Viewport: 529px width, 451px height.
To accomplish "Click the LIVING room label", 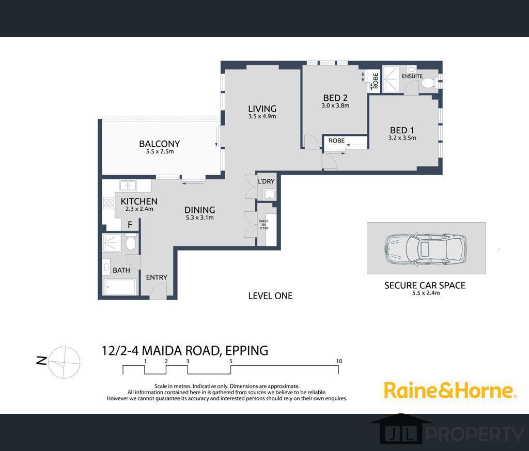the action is (x=262, y=108).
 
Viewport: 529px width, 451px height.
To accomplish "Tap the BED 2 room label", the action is (x=335, y=98).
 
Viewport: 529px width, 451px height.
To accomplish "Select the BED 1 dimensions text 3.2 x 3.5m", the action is (x=402, y=138).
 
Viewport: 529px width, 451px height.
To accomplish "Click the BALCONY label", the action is (x=160, y=144).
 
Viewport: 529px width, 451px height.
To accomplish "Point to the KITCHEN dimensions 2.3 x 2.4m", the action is (x=139, y=209).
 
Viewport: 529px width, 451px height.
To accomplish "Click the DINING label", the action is (x=200, y=210).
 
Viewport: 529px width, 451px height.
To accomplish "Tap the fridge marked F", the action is (x=130, y=225).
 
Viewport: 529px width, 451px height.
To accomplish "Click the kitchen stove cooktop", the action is (x=108, y=203).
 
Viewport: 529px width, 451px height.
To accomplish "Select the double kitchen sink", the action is (x=128, y=185).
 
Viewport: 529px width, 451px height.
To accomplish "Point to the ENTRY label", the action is (x=157, y=277).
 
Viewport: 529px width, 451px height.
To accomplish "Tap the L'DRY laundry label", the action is (x=266, y=181).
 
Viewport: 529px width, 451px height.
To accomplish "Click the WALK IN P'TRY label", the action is (x=264, y=225).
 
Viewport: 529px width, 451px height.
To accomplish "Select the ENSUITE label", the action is (x=412, y=76).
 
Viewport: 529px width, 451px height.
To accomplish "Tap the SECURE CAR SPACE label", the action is (x=425, y=285).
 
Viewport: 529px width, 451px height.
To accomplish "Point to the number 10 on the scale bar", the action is (x=339, y=361).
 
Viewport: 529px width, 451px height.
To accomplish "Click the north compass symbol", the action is (x=64, y=362).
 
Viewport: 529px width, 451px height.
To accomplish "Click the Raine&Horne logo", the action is (x=450, y=390).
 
